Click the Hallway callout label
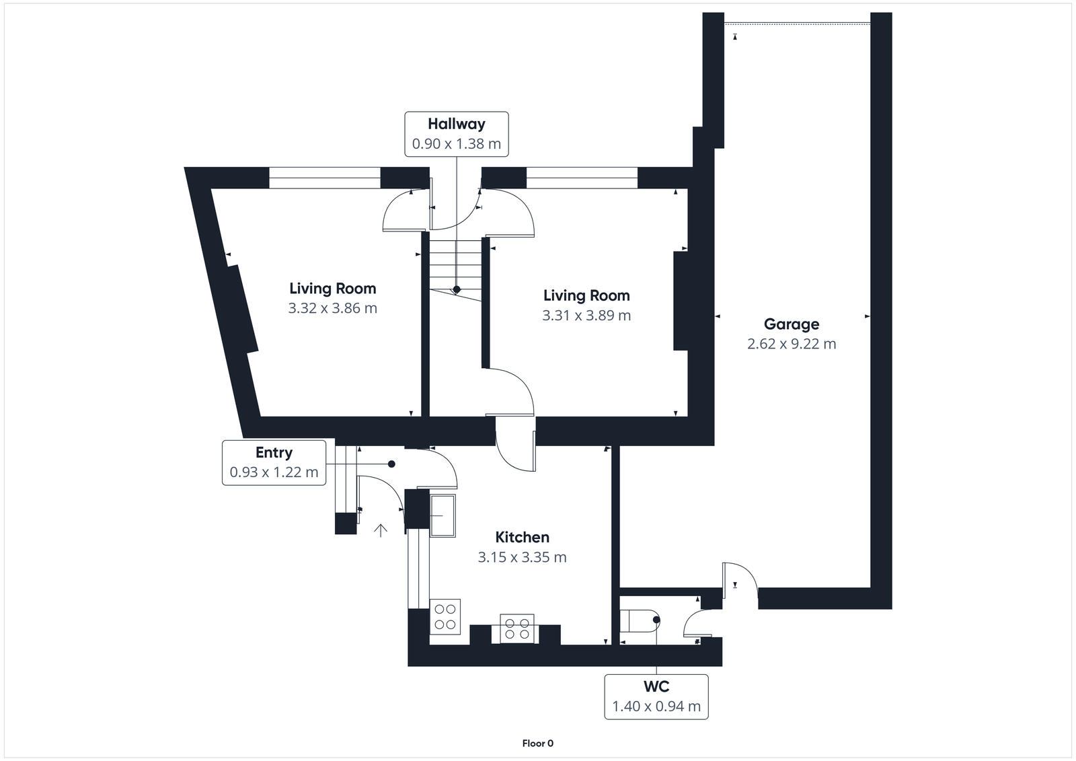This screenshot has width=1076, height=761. (456, 133)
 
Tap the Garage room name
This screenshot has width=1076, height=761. (792, 324)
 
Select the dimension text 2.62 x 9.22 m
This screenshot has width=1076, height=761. (792, 344)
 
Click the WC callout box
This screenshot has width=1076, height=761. (656, 696)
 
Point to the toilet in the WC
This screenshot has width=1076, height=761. (638, 621)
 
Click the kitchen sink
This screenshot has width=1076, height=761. (443, 515)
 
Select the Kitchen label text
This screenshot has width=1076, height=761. (522, 537)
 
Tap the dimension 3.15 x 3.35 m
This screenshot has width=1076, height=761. (522, 557)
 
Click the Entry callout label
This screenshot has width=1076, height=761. (274, 462)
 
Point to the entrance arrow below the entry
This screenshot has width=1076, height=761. (381, 530)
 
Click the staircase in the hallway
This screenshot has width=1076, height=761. (456, 266)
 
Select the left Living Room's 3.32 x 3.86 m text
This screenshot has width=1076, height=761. (332, 308)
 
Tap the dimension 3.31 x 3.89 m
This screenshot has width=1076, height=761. (586, 315)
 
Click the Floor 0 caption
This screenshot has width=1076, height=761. (537, 744)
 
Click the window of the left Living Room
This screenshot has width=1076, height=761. (325, 178)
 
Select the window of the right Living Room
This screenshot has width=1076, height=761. (581, 178)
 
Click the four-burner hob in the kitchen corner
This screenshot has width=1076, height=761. (445, 616)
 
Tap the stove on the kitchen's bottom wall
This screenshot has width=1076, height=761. (516, 628)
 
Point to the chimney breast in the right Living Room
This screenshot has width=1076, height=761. (681, 300)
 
